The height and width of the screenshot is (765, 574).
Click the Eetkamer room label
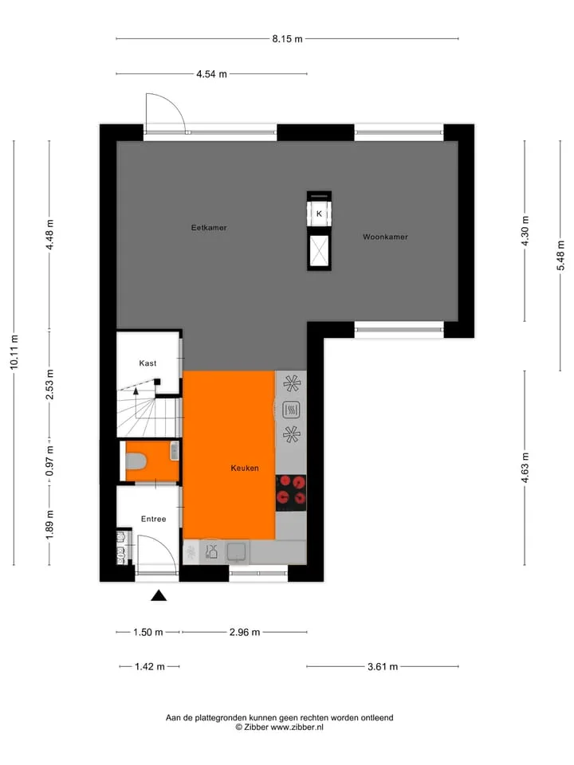pos(209,228)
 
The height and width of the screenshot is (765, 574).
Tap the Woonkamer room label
pos(385,237)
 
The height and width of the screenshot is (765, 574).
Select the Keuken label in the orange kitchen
pos(245,469)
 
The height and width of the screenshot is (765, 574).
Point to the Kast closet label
pos(147,363)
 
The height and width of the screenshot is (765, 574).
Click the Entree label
pos(153,519)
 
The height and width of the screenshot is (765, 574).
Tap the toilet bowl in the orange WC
pos(136,461)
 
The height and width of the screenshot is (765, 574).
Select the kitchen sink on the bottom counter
pos(238,552)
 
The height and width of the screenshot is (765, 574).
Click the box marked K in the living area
pos(319,214)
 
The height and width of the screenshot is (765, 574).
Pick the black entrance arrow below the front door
pos(159,595)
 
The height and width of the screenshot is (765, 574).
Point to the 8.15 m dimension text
pos(288,39)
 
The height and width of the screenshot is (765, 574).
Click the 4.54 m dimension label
pos(212,74)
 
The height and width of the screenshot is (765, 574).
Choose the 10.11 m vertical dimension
pos(14,351)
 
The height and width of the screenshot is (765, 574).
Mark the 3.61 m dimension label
pos(383,666)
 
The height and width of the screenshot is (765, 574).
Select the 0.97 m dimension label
pos(49,461)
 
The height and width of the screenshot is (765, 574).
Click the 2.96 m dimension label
pos(245,632)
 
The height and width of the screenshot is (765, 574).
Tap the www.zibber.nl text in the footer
pos(297,727)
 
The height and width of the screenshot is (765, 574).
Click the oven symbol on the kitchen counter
pos(292,410)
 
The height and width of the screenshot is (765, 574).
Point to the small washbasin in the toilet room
pos(175,450)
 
